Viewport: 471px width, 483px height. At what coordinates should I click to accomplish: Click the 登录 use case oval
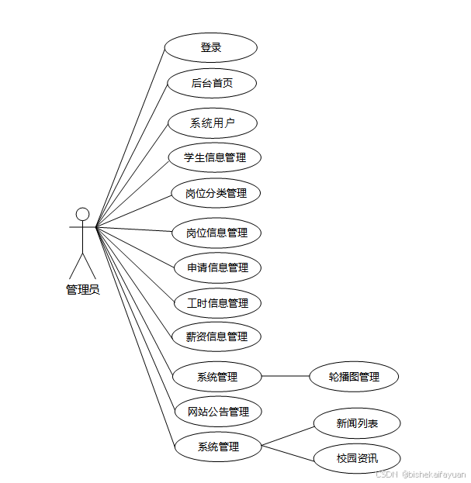(x=210, y=47)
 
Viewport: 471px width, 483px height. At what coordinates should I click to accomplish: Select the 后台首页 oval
(x=212, y=83)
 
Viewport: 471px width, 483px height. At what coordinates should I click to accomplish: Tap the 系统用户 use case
(x=212, y=122)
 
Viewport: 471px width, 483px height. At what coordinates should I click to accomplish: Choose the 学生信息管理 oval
(x=215, y=157)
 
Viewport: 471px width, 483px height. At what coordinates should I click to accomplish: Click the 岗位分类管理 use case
(x=216, y=193)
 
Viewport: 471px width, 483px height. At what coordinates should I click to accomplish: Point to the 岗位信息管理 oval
(x=216, y=233)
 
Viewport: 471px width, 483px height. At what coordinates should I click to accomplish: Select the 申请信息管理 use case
(x=217, y=267)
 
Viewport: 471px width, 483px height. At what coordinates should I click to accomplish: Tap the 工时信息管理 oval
(x=217, y=302)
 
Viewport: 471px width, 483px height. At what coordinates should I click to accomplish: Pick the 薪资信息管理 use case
(x=216, y=336)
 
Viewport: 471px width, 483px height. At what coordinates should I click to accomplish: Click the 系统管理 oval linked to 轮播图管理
(x=216, y=377)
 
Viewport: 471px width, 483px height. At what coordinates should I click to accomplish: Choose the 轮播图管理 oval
(x=353, y=377)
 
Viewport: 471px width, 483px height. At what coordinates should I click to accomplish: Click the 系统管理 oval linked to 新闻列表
(x=217, y=447)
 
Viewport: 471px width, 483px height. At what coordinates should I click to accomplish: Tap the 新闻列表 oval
(x=357, y=423)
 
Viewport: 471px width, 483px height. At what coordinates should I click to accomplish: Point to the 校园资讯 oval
(x=357, y=458)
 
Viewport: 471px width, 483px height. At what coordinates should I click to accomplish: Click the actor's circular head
(x=82, y=214)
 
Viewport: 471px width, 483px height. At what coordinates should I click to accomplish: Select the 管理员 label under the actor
(x=82, y=290)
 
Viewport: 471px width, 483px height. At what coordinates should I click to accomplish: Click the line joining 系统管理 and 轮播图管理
(x=285, y=377)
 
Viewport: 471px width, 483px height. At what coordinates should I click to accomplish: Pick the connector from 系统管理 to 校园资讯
(x=288, y=452)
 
